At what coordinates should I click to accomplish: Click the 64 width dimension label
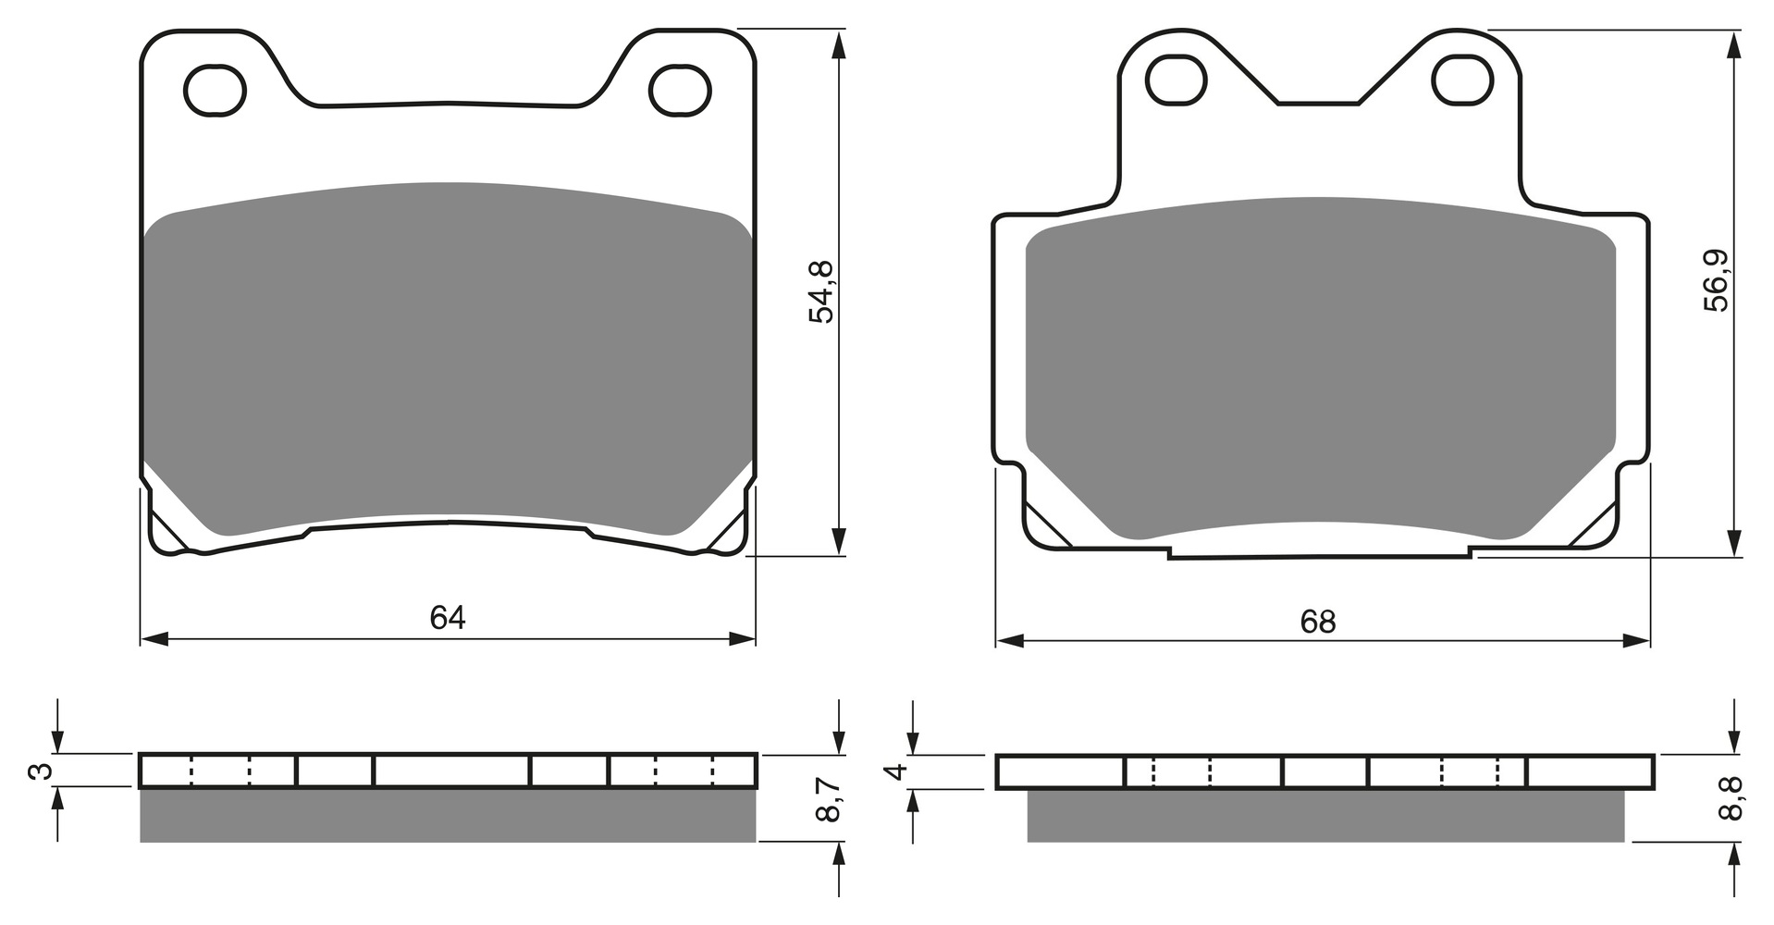pyautogui.click(x=448, y=617)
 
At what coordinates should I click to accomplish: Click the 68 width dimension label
pyautogui.click(x=1318, y=622)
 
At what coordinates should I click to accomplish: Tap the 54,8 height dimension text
pyautogui.click(x=821, y=291)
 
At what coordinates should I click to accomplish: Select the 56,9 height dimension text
pyautogui.click(x=1717, y=281)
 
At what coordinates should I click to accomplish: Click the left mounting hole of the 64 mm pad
pyautogui.click(x=216, y=90)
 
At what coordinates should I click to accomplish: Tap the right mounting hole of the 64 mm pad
pyautogui.click(x=682, y=90)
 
